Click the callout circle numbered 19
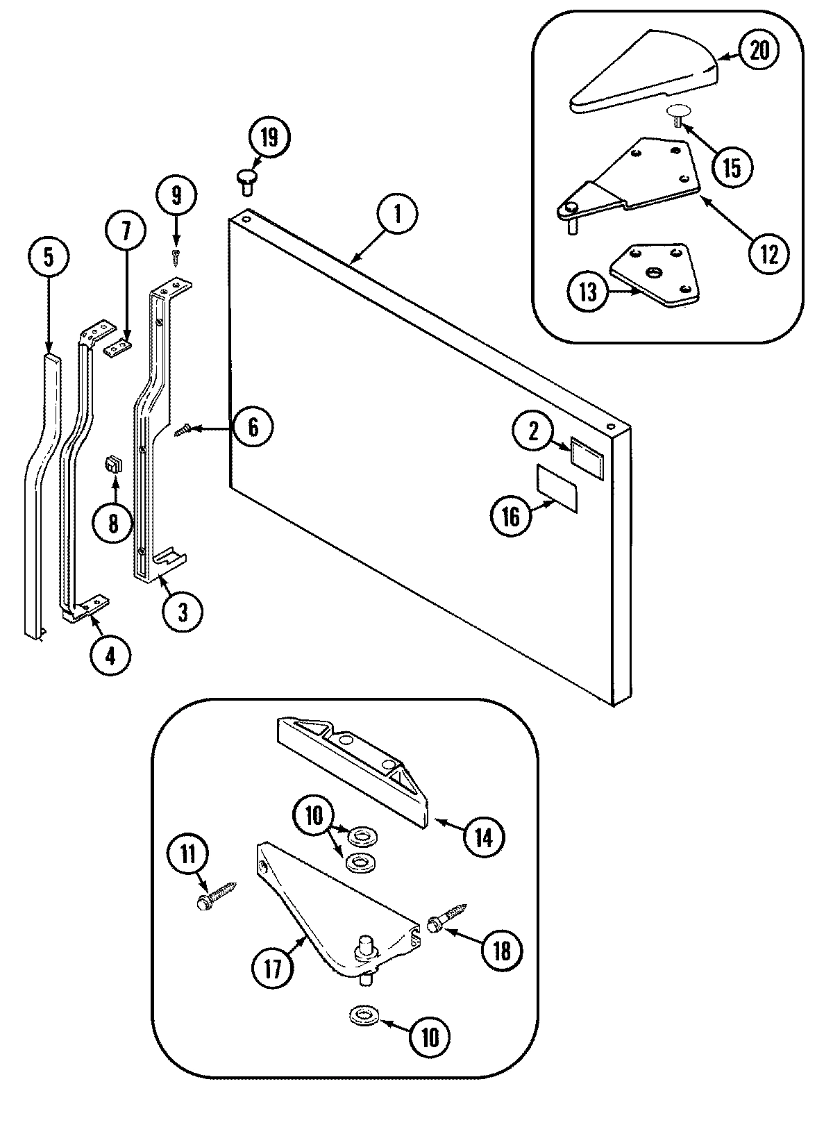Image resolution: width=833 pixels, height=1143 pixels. pyautogui.click(x=269, y=137)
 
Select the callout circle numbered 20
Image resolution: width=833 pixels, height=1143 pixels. pyautogui.click(x=760, y=51)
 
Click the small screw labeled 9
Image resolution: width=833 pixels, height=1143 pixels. pyautogui.click(x=176, y=256)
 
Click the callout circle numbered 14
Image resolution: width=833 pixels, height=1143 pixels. pyautogui.click(x=483, y=837)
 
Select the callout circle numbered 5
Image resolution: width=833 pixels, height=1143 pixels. pyautogui.click(x=48, y=257)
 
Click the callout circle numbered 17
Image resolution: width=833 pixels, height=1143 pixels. pyautogui.click(x=273, y=969)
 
